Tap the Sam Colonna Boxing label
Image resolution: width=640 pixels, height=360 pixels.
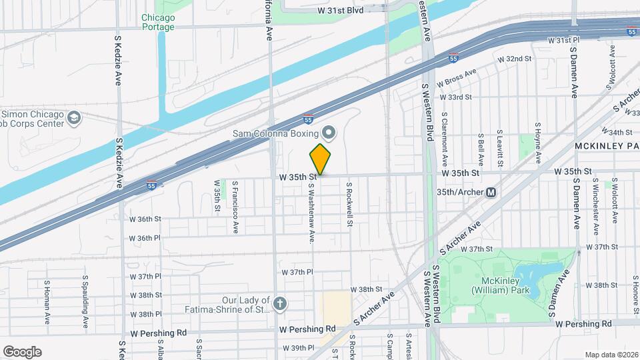pyautogui.click(x=274, y=133)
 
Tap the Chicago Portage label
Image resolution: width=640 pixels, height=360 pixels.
pyautogui.click(x=158, y=22)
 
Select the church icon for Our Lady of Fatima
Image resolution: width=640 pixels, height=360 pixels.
pyautogui.click(x=280, y=304)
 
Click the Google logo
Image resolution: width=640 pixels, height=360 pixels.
pyautogui.click(x=22, y=352)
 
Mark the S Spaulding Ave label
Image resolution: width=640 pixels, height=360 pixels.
pyautogui.click(x=85, y=301)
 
